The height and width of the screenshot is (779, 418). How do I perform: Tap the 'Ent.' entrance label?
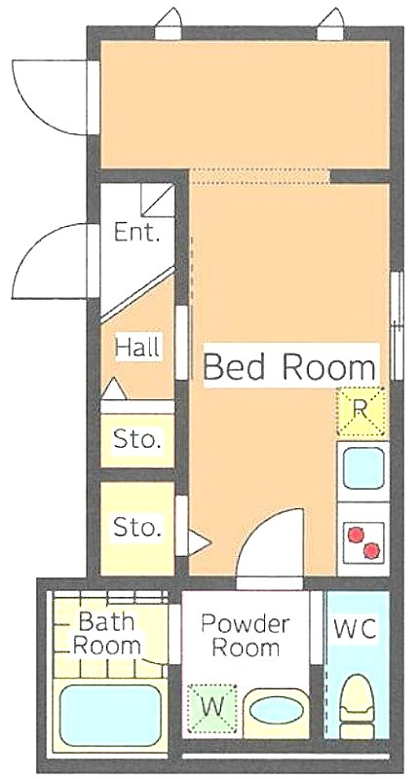coord(136,232)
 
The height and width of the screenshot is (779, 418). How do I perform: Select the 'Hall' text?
coord(137,347)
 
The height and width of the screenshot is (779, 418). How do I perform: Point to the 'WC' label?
coord(355,629)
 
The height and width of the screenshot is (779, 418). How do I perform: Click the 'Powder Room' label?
coord(245,636)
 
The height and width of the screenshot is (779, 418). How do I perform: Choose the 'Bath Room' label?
coord(107,633)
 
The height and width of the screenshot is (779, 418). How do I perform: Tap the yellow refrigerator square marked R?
coord(361,411)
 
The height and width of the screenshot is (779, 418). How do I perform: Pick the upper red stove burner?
coord(356,534)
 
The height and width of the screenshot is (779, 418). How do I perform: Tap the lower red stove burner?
coord(372,550)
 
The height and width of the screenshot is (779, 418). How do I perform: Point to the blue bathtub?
coord(110,715)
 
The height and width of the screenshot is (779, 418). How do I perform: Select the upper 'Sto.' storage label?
coord(137,439)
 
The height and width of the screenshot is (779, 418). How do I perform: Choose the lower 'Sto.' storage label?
coord(137,526)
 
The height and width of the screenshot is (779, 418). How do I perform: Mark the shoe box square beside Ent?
coord(157,201)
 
